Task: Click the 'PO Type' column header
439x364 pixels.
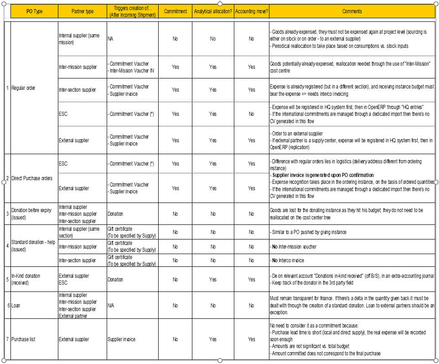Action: coord(34,11)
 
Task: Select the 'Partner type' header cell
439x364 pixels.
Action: coord(83,11)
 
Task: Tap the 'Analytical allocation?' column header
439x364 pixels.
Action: coord(212,11)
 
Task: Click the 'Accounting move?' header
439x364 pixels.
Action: coord(251,11)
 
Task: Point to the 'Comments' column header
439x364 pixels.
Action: coord(352,11)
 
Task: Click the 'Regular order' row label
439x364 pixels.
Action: coord(23,88)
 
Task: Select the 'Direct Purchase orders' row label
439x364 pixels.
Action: coord(31,178)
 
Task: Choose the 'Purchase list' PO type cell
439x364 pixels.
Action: coord(23,339)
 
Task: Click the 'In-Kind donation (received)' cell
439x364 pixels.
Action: coord(26,279)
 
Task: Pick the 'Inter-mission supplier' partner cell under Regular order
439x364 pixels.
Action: coord(78,67)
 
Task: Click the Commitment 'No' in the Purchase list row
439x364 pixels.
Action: coord(175,339)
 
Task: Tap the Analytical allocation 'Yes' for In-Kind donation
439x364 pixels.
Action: coord(212,280)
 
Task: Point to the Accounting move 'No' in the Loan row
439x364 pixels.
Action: coord(251,306)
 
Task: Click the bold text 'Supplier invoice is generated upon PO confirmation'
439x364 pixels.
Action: coord(323,175)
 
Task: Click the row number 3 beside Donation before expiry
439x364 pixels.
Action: coord(8,213)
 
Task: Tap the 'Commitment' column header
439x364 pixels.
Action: coord(175,11)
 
